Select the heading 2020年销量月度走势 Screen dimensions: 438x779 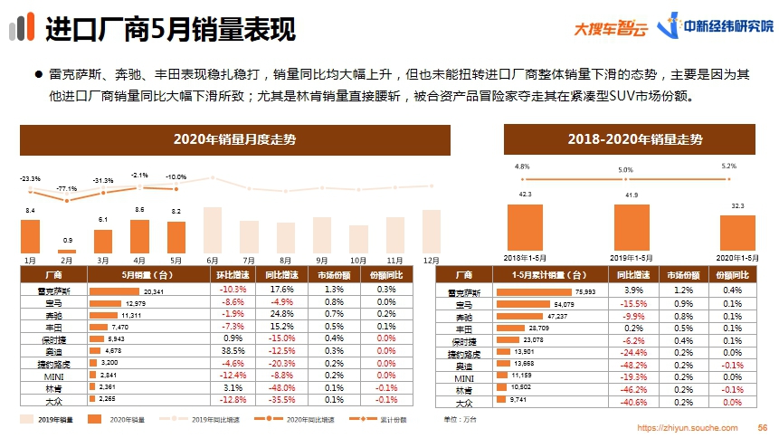(x=235, y=139)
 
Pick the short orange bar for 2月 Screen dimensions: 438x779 (x=67, y=251)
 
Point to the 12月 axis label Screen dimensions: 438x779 (x=432, y=259)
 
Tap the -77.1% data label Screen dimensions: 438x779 (x=66, y=188)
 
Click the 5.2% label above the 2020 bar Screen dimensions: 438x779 (x=729, y=166)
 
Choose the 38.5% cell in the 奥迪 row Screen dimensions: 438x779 (x=233, y=349)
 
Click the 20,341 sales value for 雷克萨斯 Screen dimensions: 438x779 (x=154, y=291)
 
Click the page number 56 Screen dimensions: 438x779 (x=762, y=427)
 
